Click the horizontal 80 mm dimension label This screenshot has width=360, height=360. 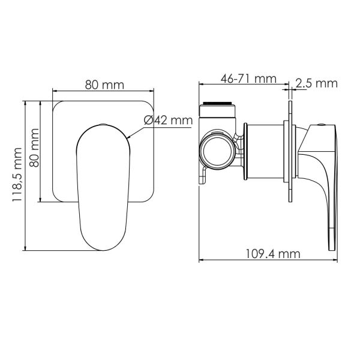[x=104, y=85]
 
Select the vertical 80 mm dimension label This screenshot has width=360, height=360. [x=35, y=148]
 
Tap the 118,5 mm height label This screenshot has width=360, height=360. [x=17, y=175]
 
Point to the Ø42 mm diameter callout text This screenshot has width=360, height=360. [x=168, y=120]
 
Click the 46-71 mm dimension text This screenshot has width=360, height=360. [x=248, y=79]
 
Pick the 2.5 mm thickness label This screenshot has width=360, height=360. [x=316, y=83]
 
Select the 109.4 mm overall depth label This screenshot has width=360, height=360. [x=273, y=254]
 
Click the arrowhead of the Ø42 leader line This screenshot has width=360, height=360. [x=128, y=137]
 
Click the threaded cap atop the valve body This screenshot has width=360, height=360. [x=217, y=110]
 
